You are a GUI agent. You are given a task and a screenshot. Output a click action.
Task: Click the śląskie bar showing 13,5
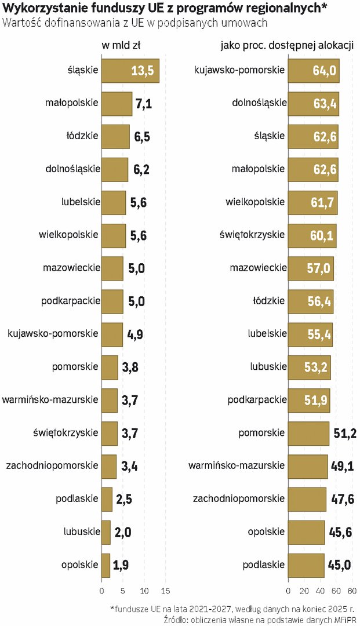[x=130, y=71]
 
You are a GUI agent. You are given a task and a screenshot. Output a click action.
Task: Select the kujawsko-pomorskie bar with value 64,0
[x=313, y=71]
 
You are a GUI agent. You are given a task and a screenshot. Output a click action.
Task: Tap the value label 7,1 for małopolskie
[x=143, y=104]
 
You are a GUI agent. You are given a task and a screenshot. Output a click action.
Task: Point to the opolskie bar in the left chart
[x=106, y=565]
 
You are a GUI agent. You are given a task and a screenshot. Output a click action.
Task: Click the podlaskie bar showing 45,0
[x=306, y=565]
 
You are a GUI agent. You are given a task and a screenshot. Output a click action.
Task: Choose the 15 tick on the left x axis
[x=165, y=591]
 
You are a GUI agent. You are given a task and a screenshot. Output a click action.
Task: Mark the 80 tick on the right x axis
[x=352, y=591]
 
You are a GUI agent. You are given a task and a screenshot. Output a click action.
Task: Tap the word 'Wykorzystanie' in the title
[x=38, y=8]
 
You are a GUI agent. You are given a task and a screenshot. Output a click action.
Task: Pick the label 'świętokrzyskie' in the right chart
[x=252, y=235]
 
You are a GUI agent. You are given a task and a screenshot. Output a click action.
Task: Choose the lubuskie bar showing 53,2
[x=309, y=367]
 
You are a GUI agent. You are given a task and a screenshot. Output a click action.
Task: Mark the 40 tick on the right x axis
[x=320, y=591]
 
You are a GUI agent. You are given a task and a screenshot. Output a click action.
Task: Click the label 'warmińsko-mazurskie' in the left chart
[x=50, y=400]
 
